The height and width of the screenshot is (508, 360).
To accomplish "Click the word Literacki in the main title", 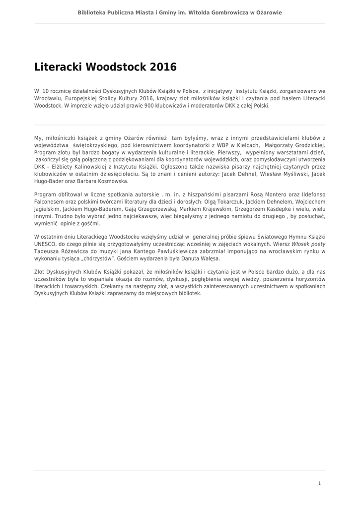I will coord(58,67).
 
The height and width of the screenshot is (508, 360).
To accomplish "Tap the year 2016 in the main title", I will coord(162,67).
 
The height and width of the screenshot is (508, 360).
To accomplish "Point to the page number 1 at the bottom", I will coord(319,483).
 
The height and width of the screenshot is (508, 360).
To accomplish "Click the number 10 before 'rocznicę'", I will coord(46,91).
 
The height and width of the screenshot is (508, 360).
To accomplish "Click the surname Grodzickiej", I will coord(307,145).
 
